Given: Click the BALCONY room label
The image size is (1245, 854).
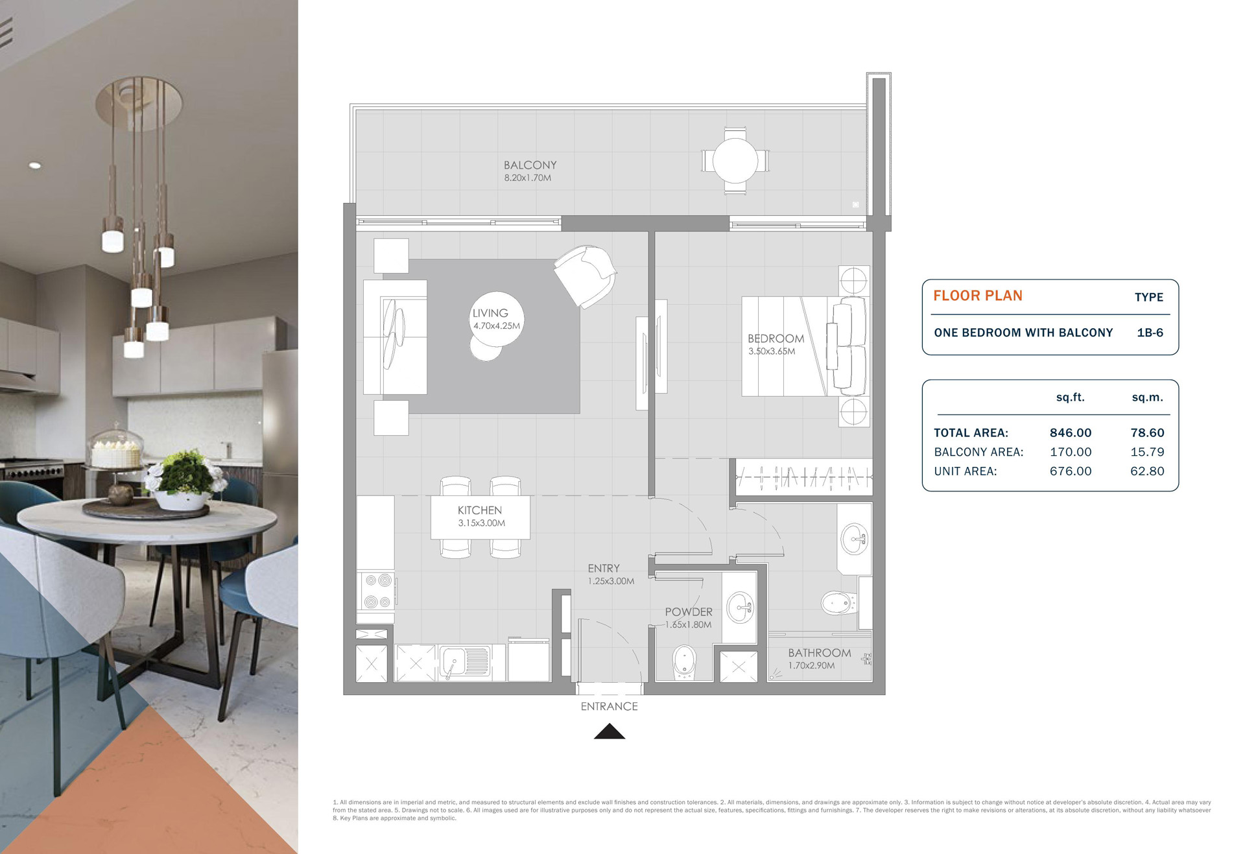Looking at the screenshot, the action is click(530, 165).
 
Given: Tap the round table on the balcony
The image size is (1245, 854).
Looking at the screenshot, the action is click(735, 160).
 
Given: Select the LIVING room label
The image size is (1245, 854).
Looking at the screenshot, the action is click(490, 313).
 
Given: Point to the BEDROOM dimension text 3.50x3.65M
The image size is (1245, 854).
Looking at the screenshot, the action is click(772, 351).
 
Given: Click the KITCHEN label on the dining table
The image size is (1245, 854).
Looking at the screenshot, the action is click(480, 510).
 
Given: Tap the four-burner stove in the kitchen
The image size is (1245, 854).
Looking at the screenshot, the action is click(377, 591).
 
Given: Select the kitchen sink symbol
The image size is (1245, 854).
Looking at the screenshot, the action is click(465, 661).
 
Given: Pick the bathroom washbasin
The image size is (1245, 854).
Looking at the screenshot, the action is click(855, 538).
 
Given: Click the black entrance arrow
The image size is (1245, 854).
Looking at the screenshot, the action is click(610, 731).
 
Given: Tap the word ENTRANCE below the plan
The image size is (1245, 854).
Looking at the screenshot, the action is click(610, 707).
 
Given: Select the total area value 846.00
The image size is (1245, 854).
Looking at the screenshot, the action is click(1071, 433).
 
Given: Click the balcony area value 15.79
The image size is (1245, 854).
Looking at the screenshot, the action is click(1147, 452).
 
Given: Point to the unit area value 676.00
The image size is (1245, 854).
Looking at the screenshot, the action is click(1071, 471).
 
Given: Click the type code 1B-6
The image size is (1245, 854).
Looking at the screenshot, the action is click(1150, 333).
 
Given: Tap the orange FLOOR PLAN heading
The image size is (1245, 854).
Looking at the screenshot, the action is click(978, 296).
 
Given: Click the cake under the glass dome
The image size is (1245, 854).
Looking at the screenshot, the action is click(116, 449).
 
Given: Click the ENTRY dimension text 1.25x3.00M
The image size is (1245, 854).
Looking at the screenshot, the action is click(611, 581).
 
